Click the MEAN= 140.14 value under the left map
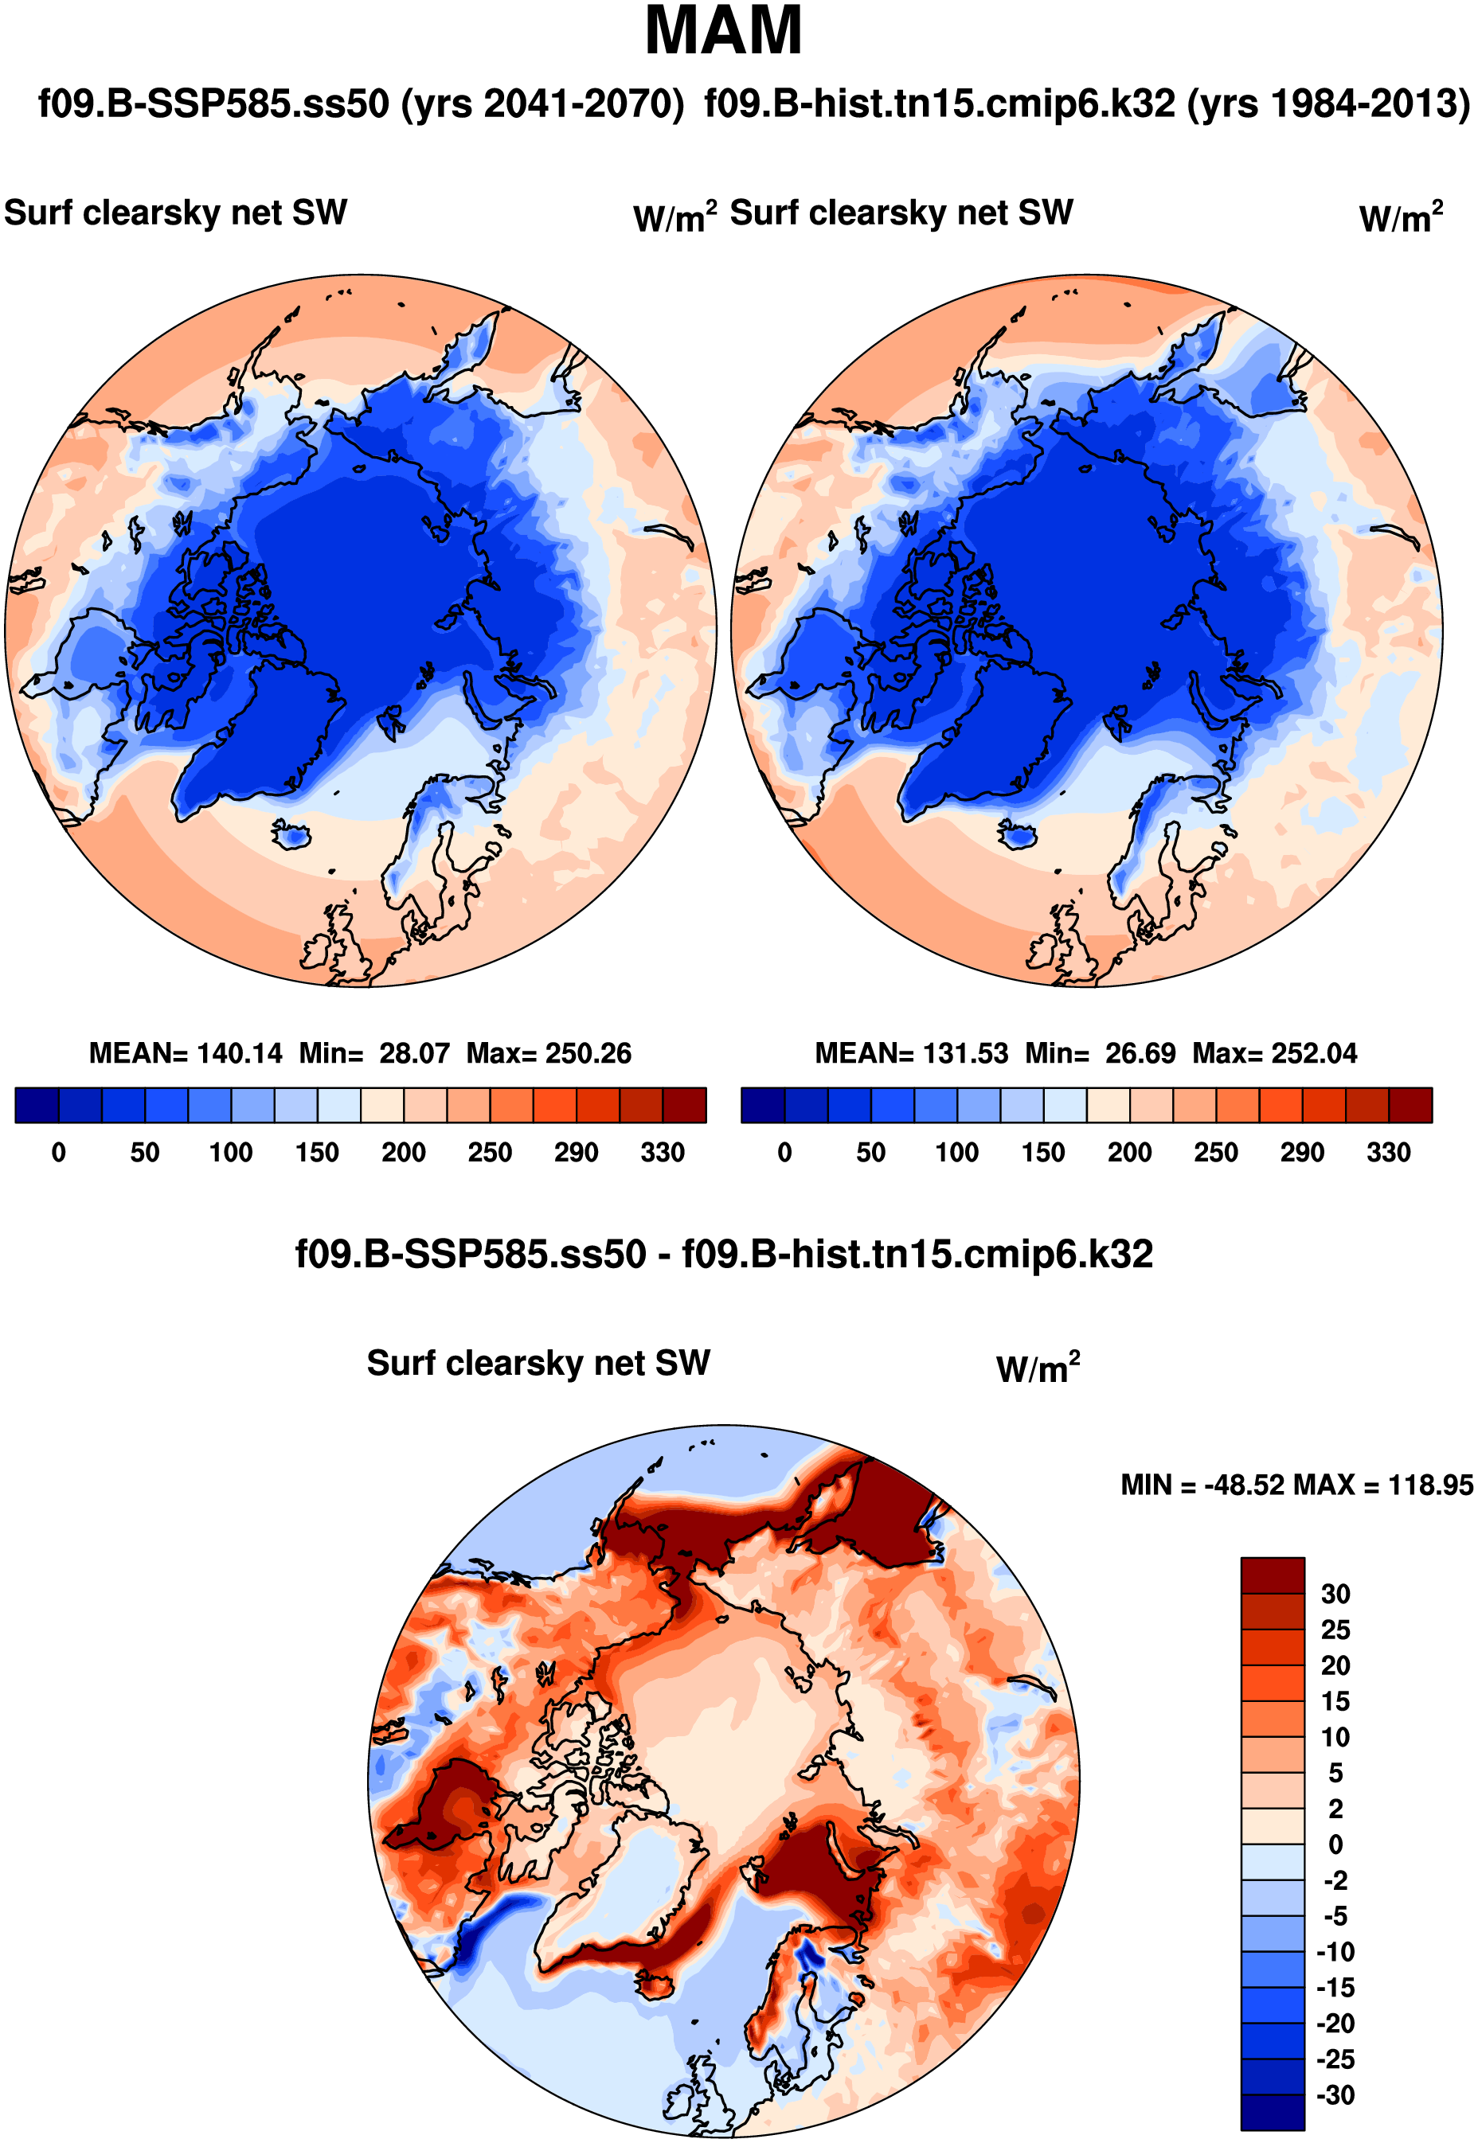(x=186, y=1052)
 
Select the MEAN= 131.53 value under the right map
(x=911, y=1052)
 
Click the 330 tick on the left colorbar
(x=662, y=1153)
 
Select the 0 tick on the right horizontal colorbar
(x=784, y=1153)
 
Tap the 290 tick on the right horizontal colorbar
(x=1302, y=1153)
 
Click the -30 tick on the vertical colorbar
(x=1335, y=2095)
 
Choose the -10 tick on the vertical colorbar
(x=1335, y=1951)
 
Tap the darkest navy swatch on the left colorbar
(x=37, y=1105)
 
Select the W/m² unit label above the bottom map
(x=1037, y=1368)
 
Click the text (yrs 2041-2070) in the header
(x=542, y=103)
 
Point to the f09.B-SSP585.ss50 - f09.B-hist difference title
(x=723, y=1255)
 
